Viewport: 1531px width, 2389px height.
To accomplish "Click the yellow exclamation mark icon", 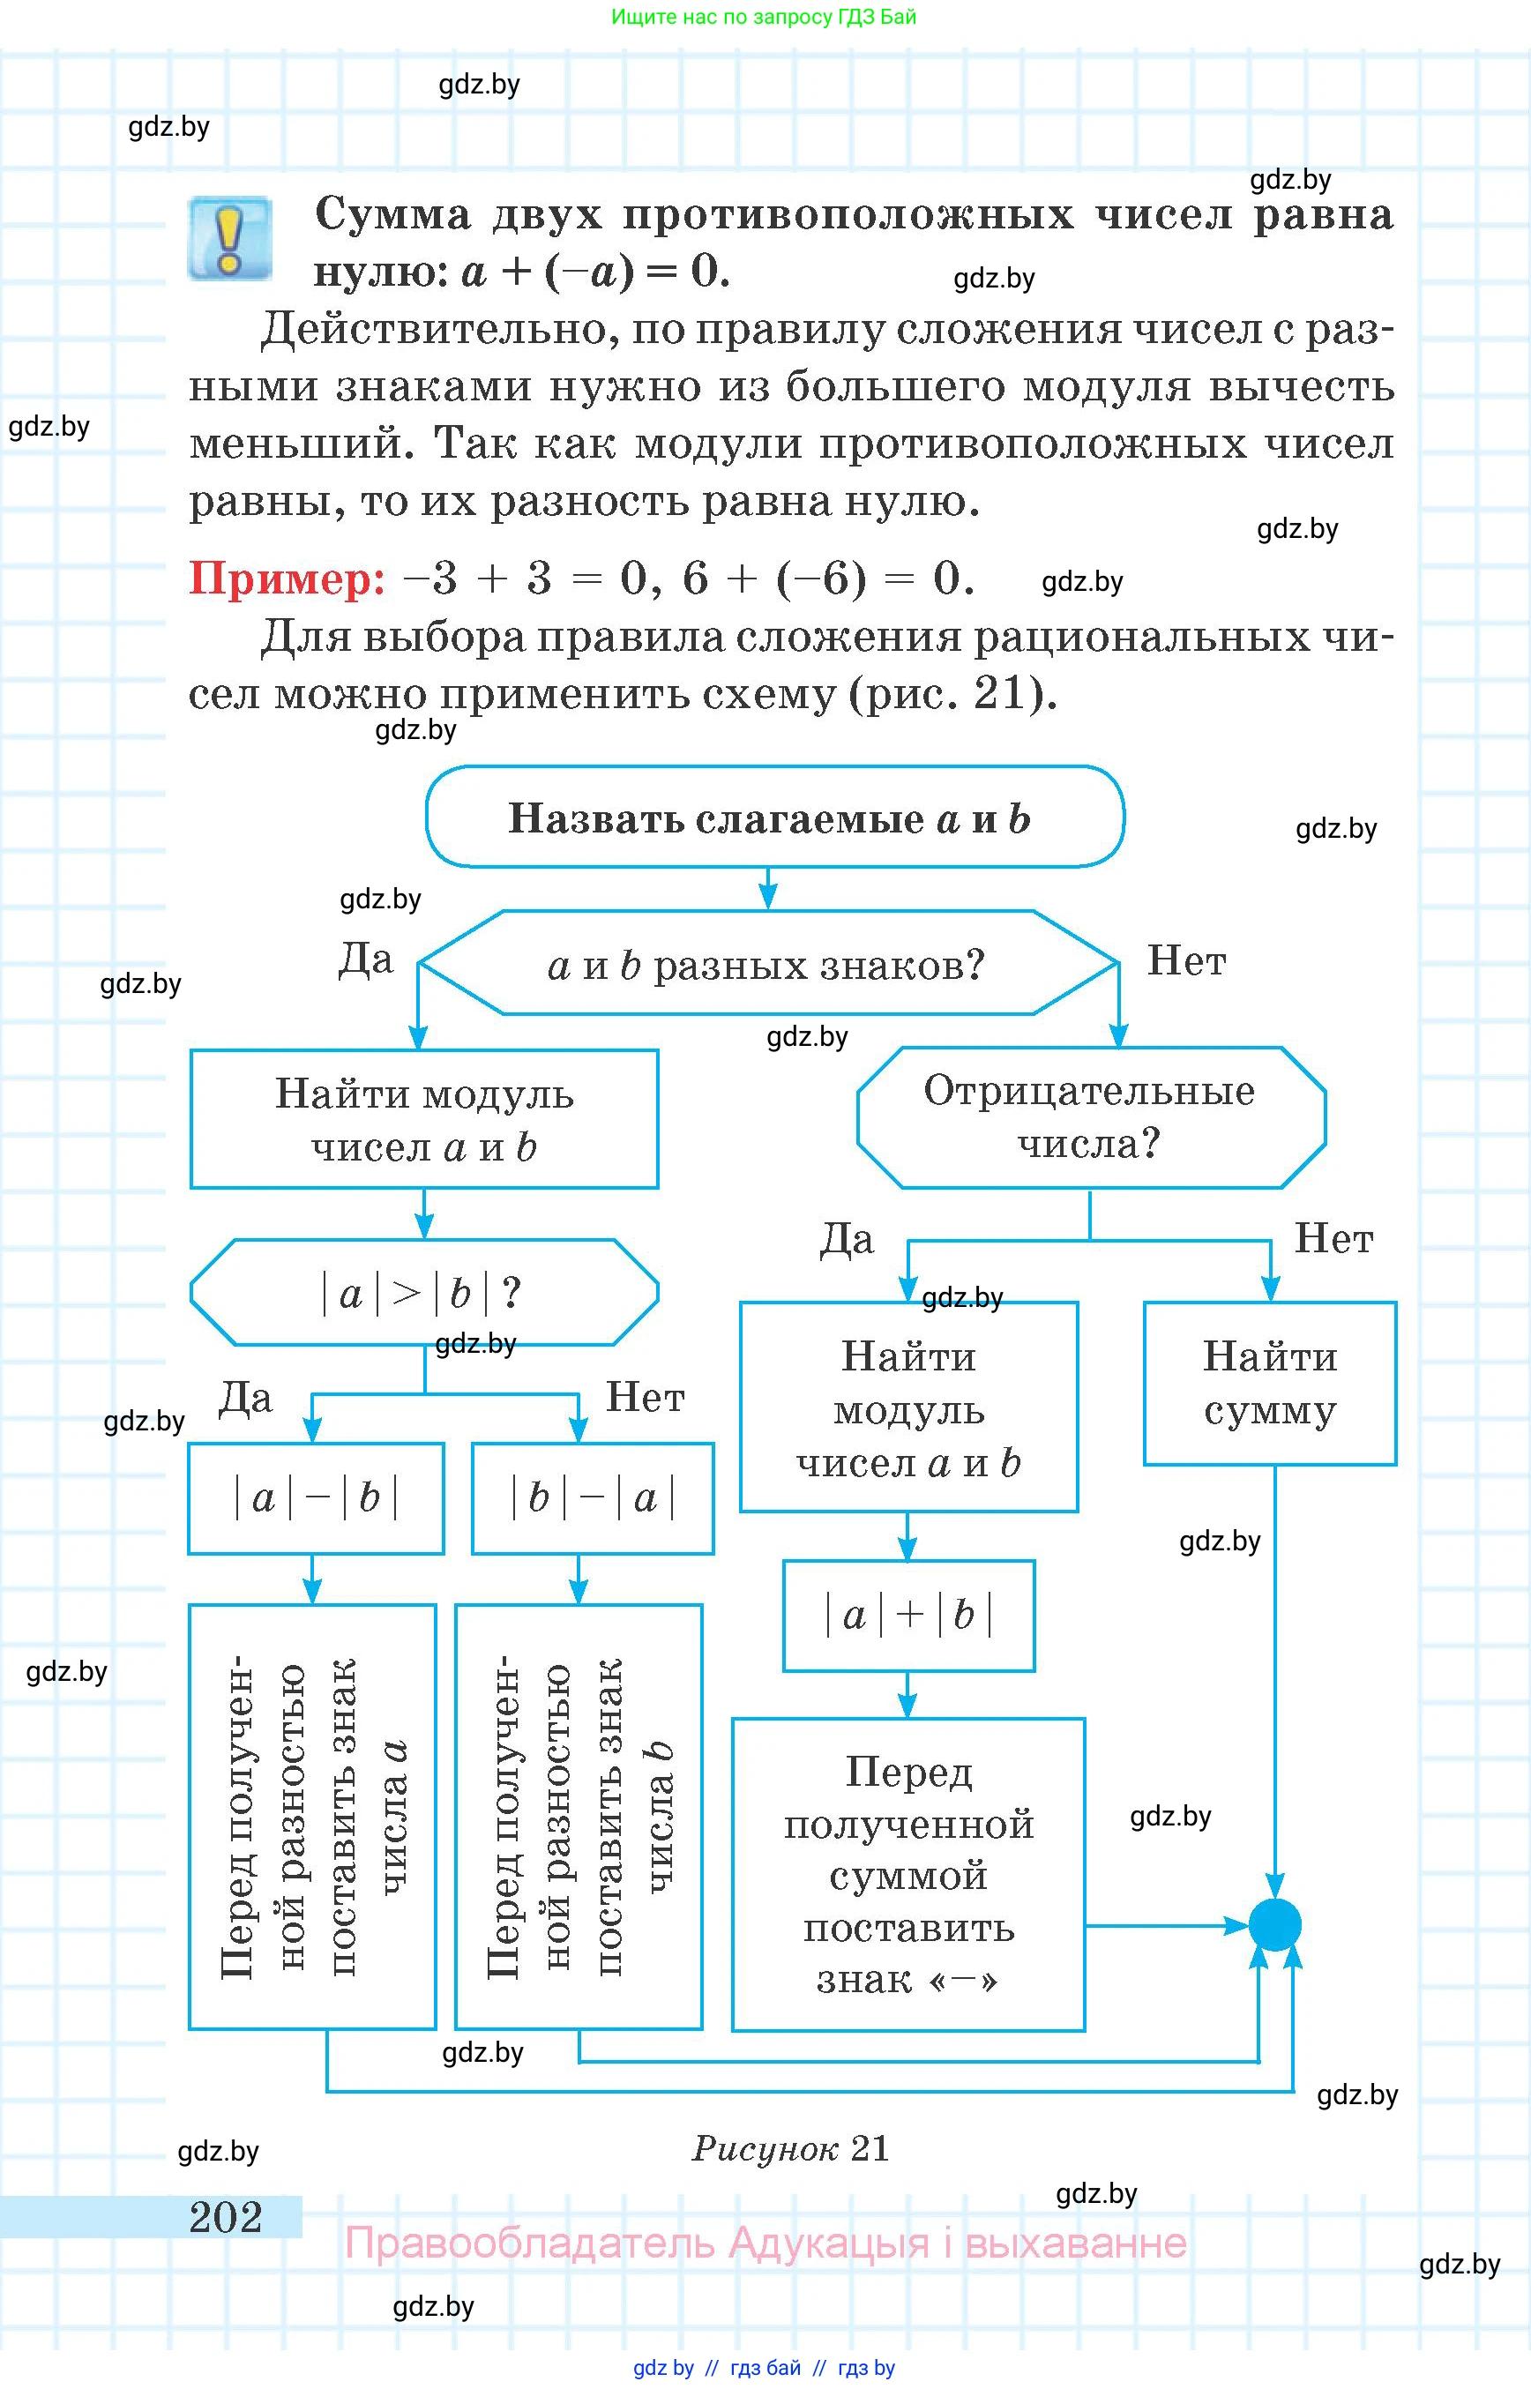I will click(x=229, y=239).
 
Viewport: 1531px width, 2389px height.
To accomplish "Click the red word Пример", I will click(x=288, y=578).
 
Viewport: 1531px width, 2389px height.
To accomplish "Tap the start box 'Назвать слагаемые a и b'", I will click(x=774, y=817).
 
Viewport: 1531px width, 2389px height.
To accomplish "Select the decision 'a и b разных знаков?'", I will click(x=767, y=963).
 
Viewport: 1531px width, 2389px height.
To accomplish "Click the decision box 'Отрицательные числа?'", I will click(x=1091, y=1117).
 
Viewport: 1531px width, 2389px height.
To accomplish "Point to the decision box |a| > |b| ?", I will click(x=423, y=1293).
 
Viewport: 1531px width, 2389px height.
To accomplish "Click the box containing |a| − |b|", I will click(x=315, y=1497).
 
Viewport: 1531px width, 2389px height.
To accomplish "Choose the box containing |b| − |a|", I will click(x=593, y=1497).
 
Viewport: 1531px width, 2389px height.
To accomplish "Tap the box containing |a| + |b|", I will click(x=908, y=1616).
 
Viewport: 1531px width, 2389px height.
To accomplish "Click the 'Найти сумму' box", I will click(x=1270, y=1383).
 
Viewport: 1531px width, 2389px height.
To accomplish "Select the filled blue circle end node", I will click(x=1274, y=1925).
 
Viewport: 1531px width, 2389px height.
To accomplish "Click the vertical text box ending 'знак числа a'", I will click(x=312, y=1817).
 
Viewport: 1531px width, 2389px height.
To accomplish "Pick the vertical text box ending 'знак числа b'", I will click(x=579, y=1817).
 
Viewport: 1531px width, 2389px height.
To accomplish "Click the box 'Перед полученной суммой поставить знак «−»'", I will click(x=908, y=1874).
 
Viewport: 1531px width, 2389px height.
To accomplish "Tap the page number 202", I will click(x=226, y=2217).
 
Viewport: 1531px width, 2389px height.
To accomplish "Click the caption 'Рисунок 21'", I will click(x=790, y=2148).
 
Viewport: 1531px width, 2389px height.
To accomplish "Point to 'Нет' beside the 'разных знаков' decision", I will click(x=1186, y=960).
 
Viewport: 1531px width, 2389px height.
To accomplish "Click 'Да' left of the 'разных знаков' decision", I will click(x=366, y=959).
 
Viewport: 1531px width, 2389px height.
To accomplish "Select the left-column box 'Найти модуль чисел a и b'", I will click(x=423, y=1119).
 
